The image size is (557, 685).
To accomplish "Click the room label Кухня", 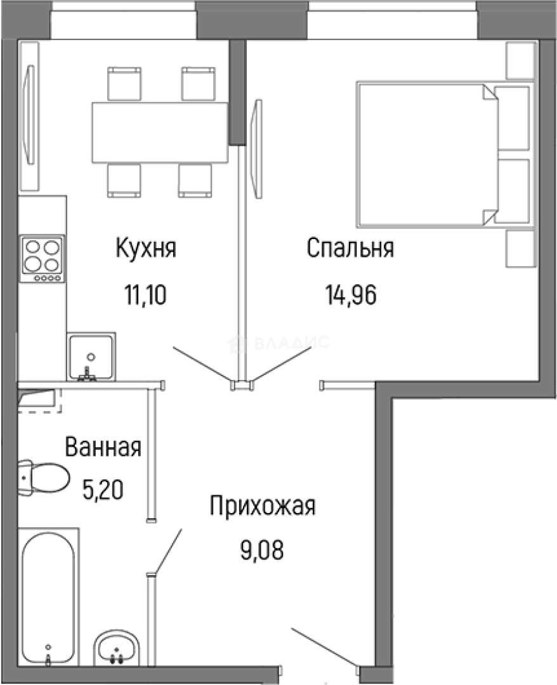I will tap(145, 248).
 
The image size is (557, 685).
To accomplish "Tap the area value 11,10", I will tap(145, 295).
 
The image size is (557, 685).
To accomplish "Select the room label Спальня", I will tap(350, 248).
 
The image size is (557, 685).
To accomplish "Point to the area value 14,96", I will tap(351, 295).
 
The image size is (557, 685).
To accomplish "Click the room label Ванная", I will tap(103, 447).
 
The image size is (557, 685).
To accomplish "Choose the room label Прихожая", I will tap(262, 507).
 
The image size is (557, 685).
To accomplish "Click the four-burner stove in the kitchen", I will tap(42, 259).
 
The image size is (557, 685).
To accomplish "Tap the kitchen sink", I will tap(91, 356).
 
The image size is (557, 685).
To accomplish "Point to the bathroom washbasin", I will tap(117, 647).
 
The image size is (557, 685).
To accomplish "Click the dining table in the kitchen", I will tap(160, 132).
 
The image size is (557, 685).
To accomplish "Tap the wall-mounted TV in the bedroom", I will tap(256, 150).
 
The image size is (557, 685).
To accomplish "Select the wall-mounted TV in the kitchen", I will tap(29, 115).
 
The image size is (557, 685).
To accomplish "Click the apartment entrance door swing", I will tap(324, 647).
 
